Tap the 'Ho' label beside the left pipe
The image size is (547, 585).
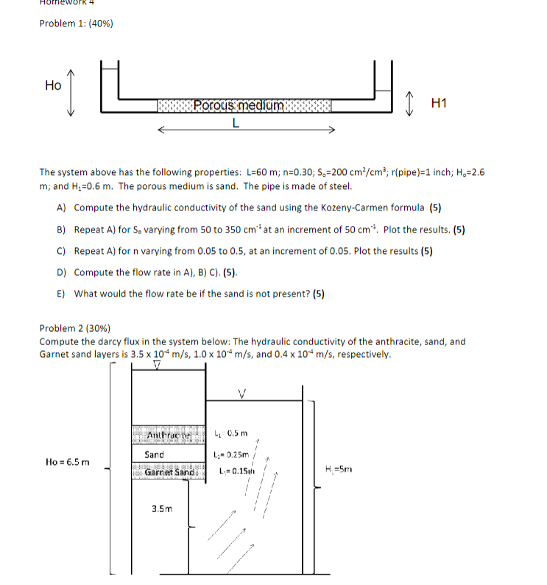point(53,85)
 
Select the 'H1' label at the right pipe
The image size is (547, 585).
point(440,104)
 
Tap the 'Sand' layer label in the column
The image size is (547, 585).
point(155,455)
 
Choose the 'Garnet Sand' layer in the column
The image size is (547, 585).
point(168,472)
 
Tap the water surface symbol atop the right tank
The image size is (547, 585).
point(241,392)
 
